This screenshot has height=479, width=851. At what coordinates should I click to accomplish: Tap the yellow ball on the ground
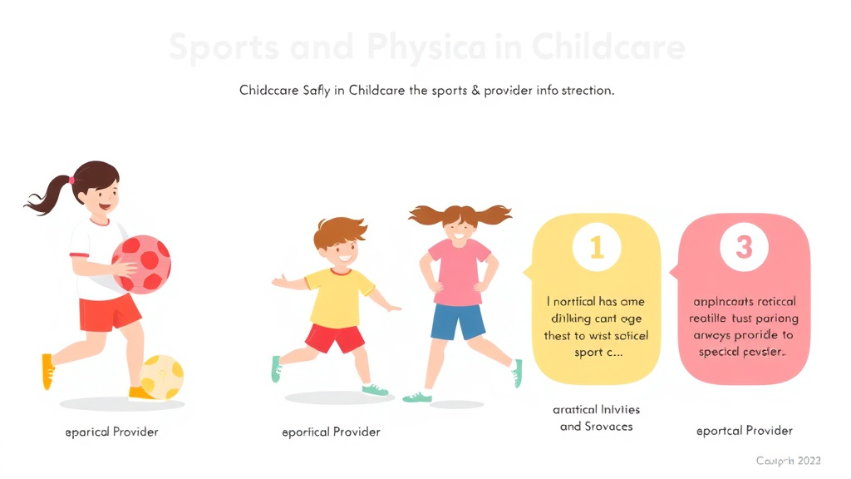click(162, 376)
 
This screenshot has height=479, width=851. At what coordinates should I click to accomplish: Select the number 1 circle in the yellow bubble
click(596, 246)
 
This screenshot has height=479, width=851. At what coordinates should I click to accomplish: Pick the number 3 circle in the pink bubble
click(744, 246)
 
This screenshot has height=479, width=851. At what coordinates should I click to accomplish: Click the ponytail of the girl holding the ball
click(47, 193)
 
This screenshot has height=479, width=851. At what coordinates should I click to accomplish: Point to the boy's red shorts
click(335, 338)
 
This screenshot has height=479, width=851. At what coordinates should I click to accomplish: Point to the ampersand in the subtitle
click(476, 90)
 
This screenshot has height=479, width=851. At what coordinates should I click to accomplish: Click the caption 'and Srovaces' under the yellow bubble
click(596, 427)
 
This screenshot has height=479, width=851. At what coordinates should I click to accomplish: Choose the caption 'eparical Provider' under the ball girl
click(111, 432)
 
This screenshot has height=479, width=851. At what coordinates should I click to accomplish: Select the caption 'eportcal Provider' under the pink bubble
click(744, 431)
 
